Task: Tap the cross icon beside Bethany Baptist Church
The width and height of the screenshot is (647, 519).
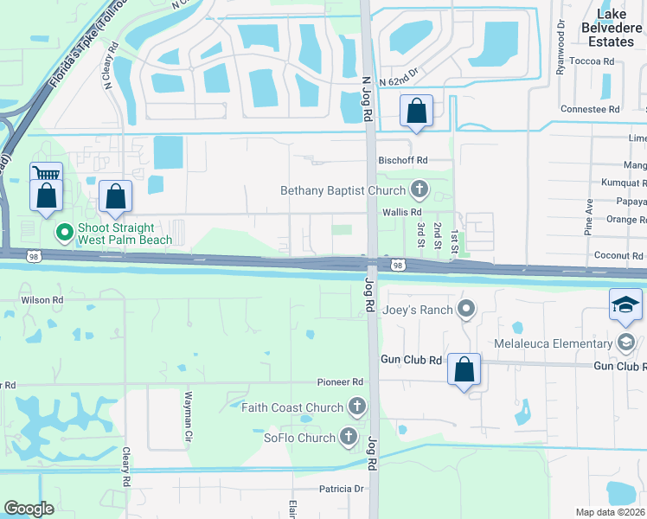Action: (420, 189)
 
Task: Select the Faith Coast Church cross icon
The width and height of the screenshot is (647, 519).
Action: (356, 407)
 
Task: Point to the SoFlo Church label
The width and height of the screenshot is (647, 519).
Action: (299, 438)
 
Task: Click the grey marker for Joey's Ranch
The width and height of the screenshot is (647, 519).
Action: (467, 308)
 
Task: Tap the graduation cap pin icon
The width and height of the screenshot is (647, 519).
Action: (625, 304)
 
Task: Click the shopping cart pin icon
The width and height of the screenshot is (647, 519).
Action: (47, 176)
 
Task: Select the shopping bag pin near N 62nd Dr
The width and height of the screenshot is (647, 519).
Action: (417, 111)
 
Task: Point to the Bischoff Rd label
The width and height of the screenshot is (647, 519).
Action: (403, 160)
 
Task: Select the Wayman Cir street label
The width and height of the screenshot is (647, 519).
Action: (187, 418)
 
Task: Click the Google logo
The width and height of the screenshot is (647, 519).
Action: (29, 509)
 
